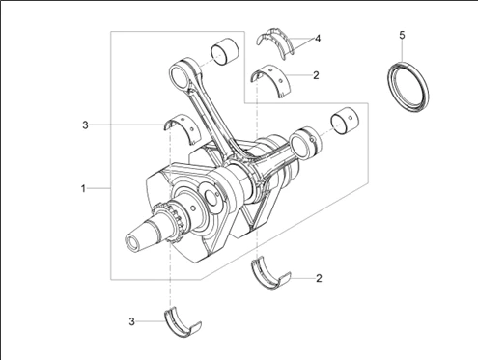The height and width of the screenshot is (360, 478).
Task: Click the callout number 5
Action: (x=402, y=35)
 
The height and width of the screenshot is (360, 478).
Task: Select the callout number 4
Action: (x=318, y=39)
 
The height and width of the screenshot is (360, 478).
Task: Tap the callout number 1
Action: (x=83, y=188)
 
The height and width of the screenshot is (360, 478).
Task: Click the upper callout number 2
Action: (x=316, y=75)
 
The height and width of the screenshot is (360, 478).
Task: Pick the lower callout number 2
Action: (x=319, y=278)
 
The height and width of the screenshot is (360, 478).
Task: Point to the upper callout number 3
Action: (x=85, y=125)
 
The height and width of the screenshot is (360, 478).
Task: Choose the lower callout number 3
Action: (x=131, y=321)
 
